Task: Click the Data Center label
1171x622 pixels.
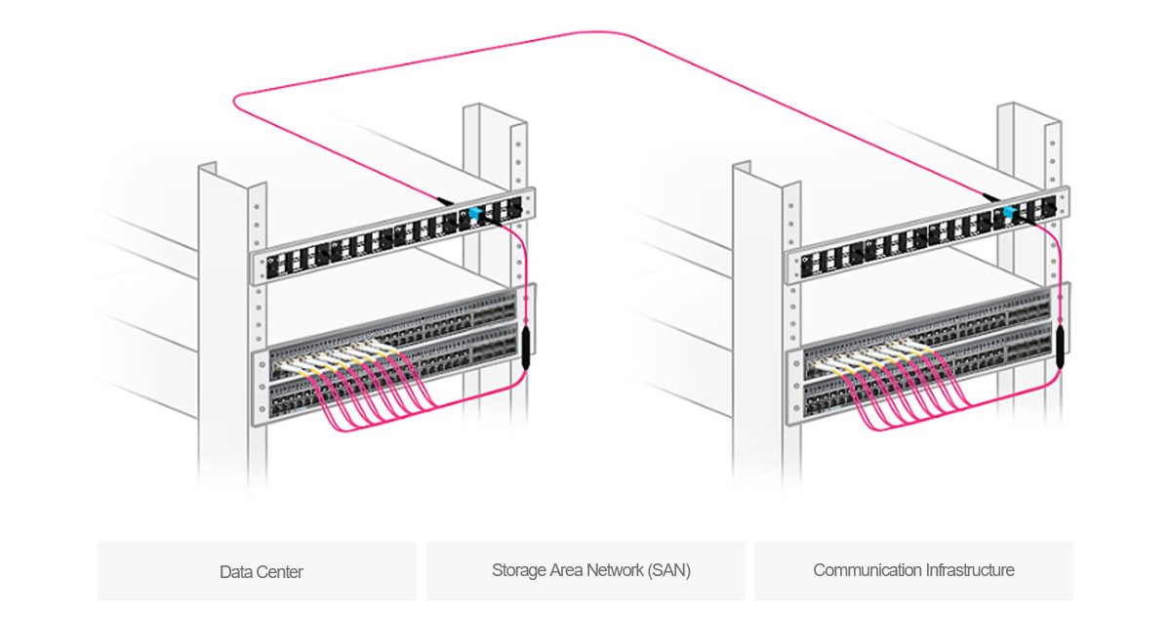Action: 261,571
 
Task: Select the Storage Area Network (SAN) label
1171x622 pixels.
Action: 590,571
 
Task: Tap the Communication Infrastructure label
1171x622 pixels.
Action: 913,570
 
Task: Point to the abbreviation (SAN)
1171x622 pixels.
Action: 668,571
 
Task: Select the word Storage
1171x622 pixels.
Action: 518,571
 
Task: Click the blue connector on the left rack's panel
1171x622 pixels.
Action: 475,213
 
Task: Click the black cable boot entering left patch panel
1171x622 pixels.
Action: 444,200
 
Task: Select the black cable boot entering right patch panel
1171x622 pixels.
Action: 990,197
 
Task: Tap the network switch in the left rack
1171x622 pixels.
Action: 390,356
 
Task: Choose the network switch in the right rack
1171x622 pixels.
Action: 927,356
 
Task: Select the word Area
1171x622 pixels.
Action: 566,571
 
